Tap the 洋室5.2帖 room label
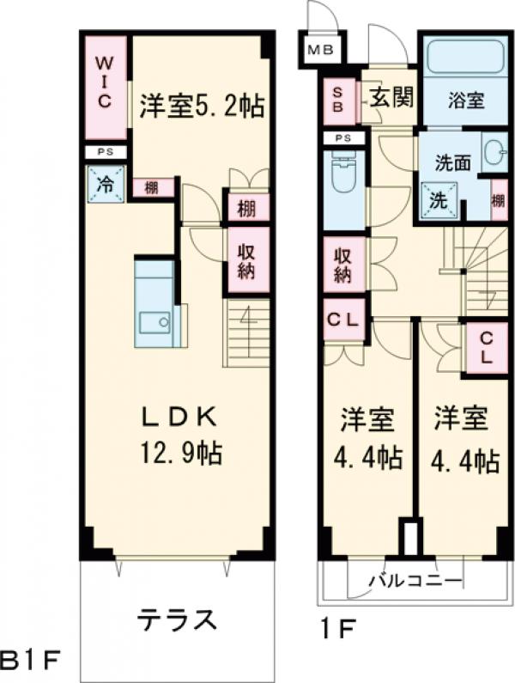pos(201,106)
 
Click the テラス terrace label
pos(175,619)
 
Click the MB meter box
pos(321,50)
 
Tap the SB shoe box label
pos(338,101)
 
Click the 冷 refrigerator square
pos(105,182)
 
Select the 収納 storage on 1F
pos(343,265)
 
